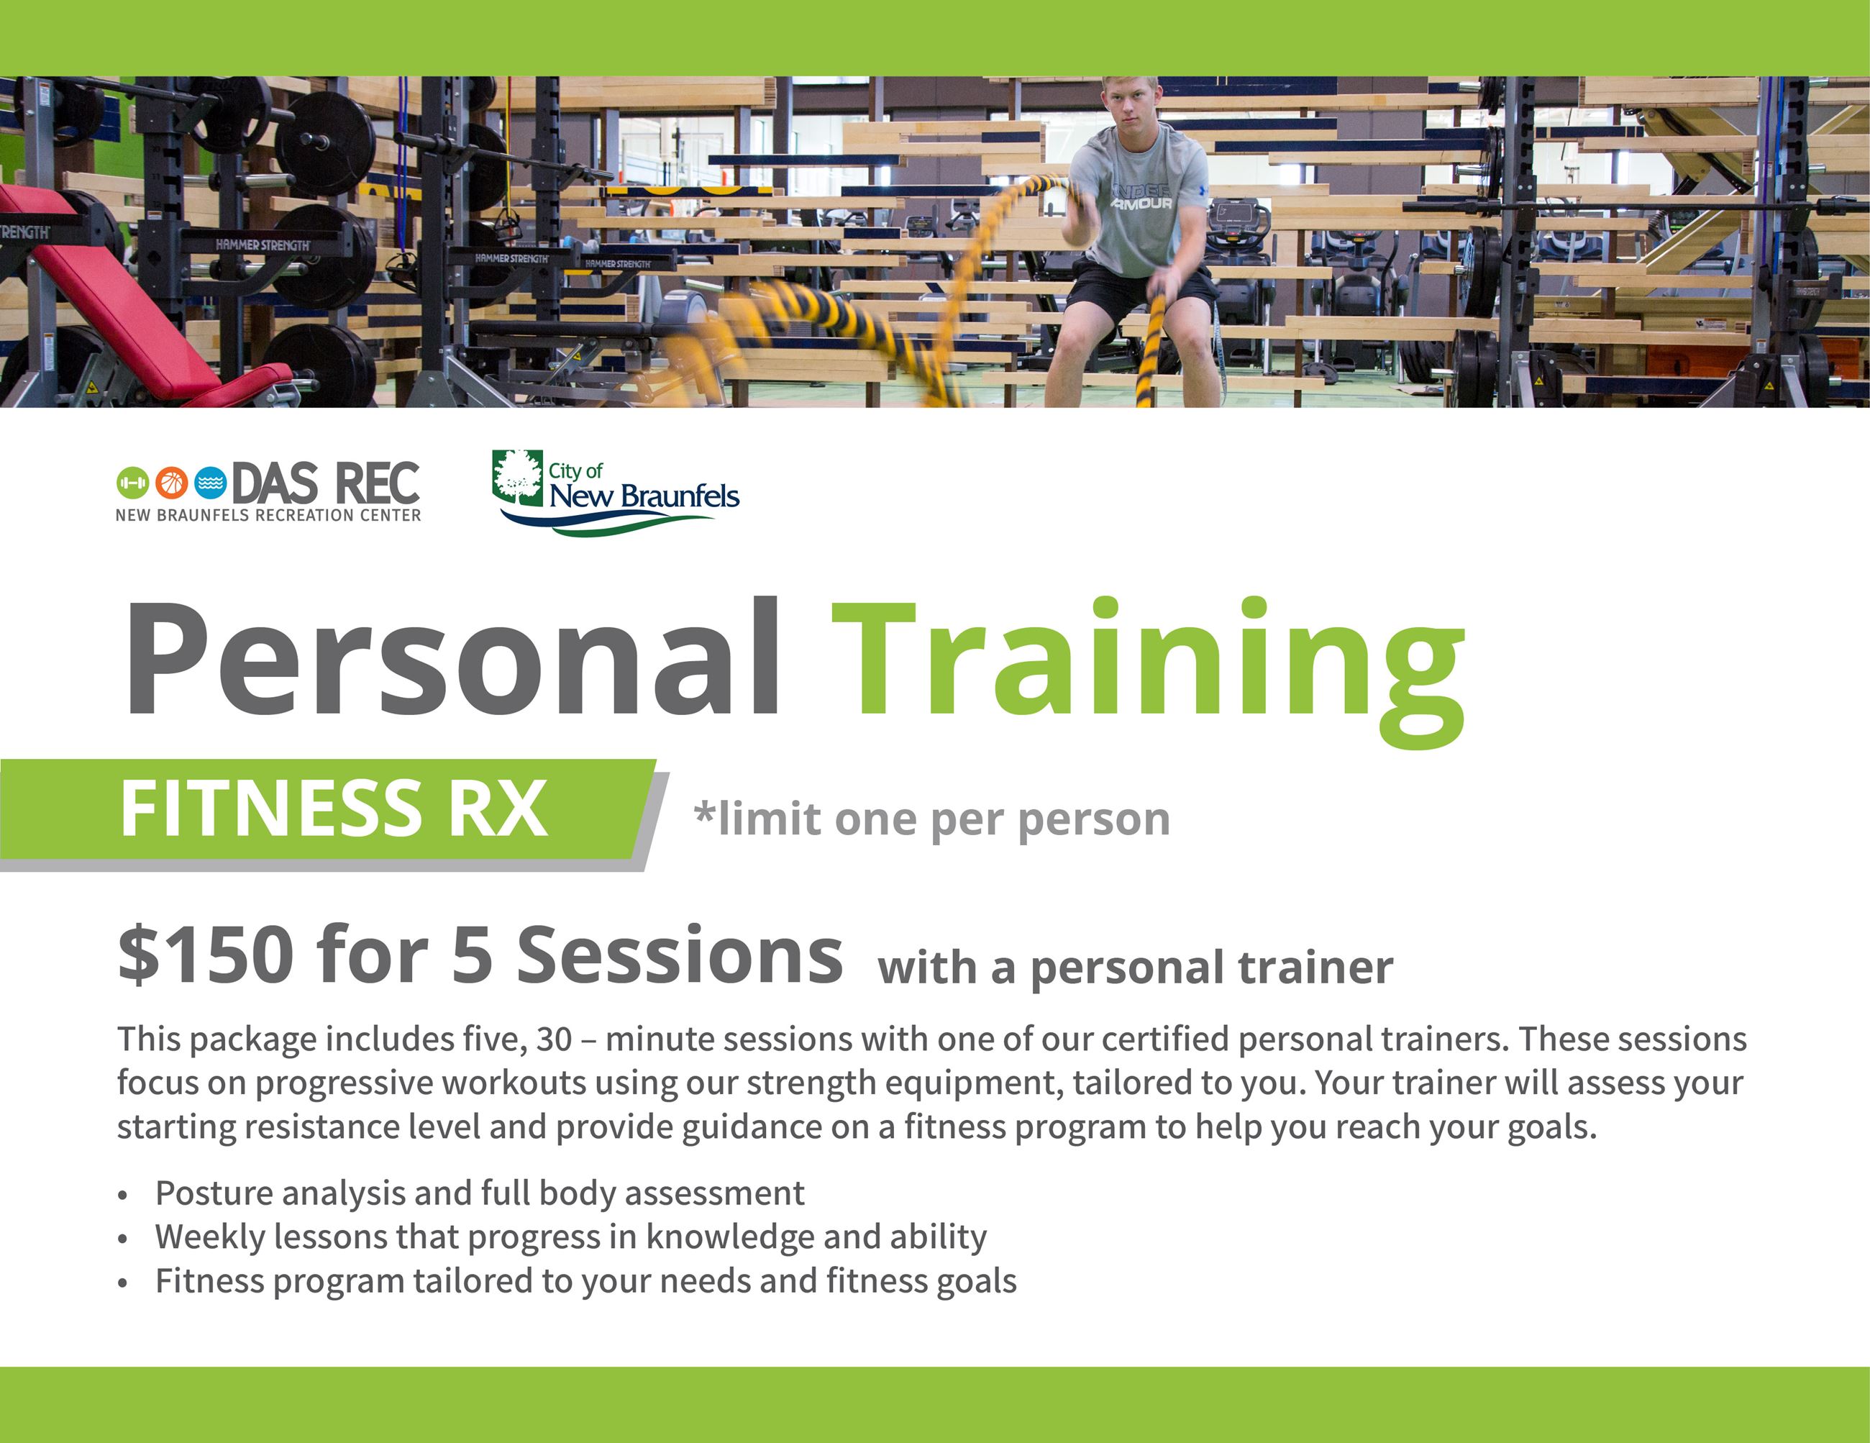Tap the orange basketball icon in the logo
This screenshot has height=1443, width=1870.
171,483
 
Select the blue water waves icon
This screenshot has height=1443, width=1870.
210,483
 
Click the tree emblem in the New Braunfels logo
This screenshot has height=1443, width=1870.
517,478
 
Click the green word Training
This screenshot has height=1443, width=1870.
1148,673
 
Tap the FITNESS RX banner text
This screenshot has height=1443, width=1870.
333,809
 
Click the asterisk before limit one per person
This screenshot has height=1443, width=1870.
704,809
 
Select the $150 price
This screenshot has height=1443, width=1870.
206,955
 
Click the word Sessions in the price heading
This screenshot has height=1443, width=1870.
680,955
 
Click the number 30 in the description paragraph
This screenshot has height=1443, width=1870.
553,1039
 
